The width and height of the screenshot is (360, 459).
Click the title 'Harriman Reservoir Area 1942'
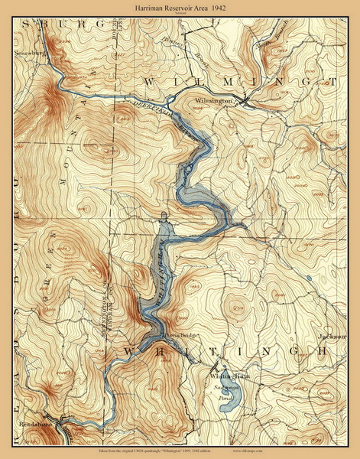(180, 7)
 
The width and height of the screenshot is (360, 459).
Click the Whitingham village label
(226, 376)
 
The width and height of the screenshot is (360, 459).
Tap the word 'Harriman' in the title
(145, 7)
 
